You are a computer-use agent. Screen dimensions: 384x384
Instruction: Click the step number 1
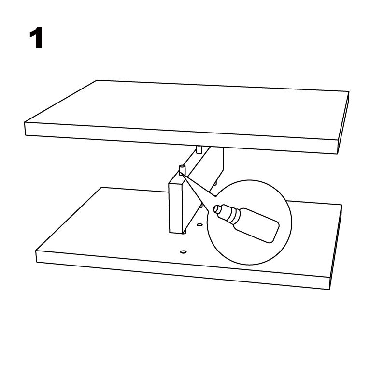tap(36, 38)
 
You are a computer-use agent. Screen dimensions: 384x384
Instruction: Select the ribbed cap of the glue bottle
tap(228, 214)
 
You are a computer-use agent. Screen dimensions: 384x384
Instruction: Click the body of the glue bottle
tap(256, 225)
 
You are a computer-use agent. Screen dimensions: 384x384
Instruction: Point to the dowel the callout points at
tap(182, 170)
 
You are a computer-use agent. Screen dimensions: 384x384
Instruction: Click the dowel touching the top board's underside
tap(199, 149)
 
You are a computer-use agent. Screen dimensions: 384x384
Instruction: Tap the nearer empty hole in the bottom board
tap(183, 252)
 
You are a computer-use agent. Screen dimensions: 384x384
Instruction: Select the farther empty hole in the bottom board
tap(200, 224)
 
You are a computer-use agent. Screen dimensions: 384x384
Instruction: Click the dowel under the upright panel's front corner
tap(185, 232)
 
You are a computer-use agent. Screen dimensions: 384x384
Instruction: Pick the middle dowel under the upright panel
tap(200, 206)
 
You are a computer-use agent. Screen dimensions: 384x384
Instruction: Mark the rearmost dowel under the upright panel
tap(215, 183)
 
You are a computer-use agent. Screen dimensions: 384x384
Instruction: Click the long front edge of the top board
tap(182, 138)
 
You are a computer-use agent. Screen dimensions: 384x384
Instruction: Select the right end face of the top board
tap(343, 123)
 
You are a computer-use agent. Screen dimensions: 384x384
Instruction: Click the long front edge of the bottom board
tap(183, 270)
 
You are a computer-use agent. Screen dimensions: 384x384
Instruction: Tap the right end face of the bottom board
tap(336, 247)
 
